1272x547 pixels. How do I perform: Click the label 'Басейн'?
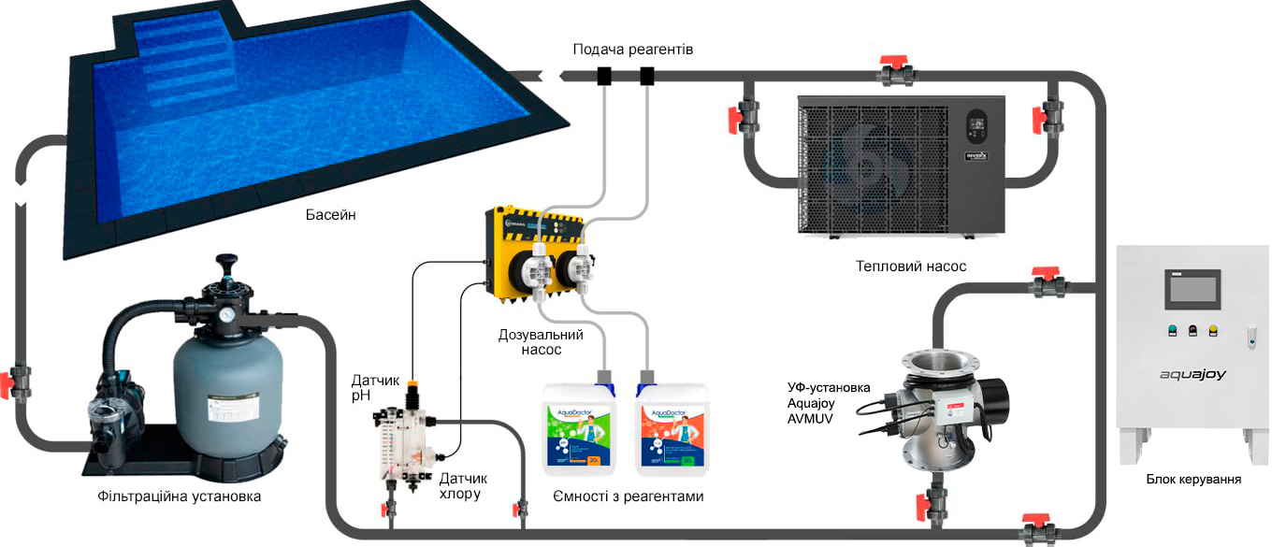tap(331, 215)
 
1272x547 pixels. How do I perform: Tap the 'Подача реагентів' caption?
tap(633, 49)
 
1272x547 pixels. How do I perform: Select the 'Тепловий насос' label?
tap(910, 266)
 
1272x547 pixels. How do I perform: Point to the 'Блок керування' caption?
tap(1193, 480)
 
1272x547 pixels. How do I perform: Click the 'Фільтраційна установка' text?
tap(179, 497)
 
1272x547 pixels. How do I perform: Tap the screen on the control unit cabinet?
tap(1192, 289)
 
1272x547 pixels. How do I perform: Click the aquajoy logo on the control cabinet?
tap(1192, 375)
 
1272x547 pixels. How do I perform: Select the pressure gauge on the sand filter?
tap(226, 315)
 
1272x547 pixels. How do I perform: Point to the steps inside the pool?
tap(183, 65)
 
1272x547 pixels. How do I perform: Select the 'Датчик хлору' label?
tap(463, 486)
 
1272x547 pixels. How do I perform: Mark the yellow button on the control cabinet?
tap(1213, 329)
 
